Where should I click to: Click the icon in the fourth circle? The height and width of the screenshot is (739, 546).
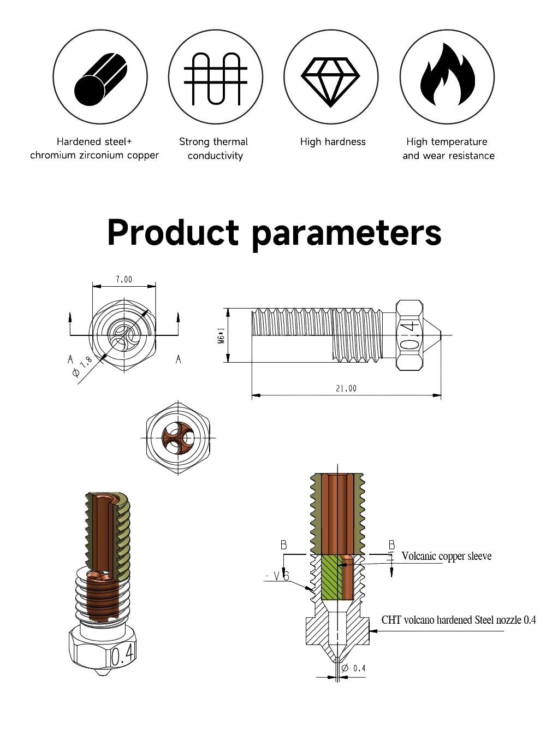(447, 77)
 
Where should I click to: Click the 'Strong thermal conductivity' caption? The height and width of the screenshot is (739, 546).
(215, 149)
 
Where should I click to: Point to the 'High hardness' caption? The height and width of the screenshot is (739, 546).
(332, 143)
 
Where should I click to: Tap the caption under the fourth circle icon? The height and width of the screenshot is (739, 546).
(447, 149)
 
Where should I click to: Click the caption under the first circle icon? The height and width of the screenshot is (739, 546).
(94, 149)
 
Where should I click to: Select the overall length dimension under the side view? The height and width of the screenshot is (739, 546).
(346, 388)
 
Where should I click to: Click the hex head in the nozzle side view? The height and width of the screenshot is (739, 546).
(409, 335)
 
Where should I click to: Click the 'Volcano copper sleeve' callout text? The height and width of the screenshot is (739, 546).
(448, 557)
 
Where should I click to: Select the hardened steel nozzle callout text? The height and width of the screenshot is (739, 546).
(459, 620)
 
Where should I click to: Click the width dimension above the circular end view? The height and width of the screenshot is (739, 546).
(124, 280)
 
